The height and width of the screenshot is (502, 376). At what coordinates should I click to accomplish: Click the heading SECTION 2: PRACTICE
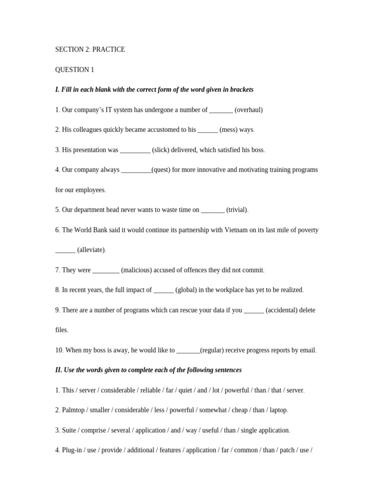pos(90,50)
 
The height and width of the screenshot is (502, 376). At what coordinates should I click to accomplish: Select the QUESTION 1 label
pos(74,70)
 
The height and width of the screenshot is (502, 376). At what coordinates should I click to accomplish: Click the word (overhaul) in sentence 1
pos(249,110)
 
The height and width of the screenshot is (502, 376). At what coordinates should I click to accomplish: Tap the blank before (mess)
pos(208,130)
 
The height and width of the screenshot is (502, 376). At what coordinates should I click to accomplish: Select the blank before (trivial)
pos(212,210)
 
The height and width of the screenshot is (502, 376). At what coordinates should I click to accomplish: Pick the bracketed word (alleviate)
pos(91,250)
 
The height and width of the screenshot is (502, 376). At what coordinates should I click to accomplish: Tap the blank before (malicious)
pos(106,270)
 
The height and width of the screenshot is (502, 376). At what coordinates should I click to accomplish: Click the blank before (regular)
pos(188,350)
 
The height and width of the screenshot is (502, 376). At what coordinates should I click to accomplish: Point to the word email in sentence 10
pos(307,350)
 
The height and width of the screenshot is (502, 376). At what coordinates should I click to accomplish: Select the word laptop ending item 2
pos(278,410)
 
